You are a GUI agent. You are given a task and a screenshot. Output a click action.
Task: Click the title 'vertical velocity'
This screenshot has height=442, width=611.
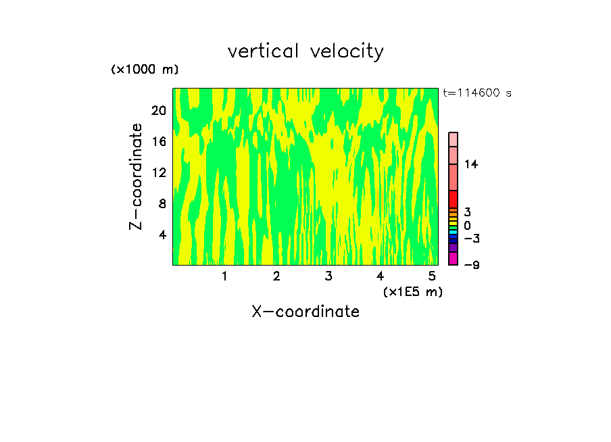click(x=305, y=51)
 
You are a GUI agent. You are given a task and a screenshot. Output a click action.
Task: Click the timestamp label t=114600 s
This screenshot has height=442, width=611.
click(x=477, y=93)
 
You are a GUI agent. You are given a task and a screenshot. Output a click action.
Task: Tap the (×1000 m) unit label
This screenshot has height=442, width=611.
click(x=145, y=70)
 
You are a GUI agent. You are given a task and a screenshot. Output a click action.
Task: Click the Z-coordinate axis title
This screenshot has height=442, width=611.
click(x=137, y=176)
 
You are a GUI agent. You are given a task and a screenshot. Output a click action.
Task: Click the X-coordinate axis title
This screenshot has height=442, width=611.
click(x=305, y=312)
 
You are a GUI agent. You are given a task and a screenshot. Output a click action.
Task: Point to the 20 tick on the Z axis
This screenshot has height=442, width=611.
click(x=159, y=111)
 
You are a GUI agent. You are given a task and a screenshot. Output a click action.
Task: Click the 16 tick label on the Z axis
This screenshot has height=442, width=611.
click(x=159, y=142)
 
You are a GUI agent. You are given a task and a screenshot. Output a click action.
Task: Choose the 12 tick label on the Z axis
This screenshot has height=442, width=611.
click(x=159, y=173)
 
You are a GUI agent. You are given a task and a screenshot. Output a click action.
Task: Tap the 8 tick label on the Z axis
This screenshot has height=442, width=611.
click(x=162, y=204)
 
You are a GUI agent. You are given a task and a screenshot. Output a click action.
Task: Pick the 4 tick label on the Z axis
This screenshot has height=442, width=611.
click(x=162, y=235)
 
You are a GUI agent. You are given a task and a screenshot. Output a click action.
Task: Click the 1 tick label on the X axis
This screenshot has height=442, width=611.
click(x=224, y=276)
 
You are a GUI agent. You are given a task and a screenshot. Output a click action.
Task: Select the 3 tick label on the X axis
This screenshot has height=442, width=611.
click(x=328, y=276)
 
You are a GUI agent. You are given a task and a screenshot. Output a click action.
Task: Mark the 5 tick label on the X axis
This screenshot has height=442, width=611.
click(x=432, y=276)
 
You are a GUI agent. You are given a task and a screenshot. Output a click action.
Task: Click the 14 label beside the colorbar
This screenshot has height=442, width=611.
click(x=471, y=164)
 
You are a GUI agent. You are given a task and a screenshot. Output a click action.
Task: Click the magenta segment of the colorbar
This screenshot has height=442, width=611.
click(x=454, y=258)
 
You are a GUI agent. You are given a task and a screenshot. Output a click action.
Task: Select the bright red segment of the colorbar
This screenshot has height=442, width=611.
click(x=454, y=199)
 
